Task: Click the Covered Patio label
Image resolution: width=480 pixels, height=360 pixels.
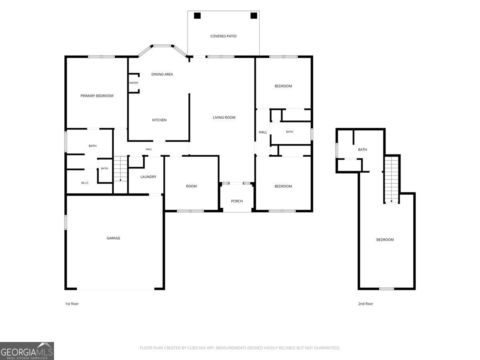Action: click(x=223, y=36)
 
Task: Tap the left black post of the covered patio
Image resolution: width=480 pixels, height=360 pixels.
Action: click(x=197, y=16)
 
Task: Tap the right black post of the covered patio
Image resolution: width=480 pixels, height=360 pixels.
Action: click(x=254, y=16)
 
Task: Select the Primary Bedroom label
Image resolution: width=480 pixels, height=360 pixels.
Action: click(x=97, y=96)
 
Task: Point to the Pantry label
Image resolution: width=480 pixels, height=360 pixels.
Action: click(x=133, y=83)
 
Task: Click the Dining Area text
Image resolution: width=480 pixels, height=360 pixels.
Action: click(x=162, y=74)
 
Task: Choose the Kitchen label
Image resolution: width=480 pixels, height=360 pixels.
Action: click(x=159, y=120)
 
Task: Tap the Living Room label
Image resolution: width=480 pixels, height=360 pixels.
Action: click(x=224, y=118)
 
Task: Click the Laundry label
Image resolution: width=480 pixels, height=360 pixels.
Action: click(x=148, y=177)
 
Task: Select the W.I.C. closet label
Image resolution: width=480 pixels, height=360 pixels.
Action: click(x=85, y=183)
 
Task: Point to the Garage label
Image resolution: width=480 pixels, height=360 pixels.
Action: click(x=113, y=238)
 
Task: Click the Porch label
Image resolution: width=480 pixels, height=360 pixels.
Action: click(x=237, y=201)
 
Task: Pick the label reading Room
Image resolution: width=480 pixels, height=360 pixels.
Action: click(x=191, y=186)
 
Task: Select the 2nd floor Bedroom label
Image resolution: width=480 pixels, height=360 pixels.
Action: click(x=385, y=240)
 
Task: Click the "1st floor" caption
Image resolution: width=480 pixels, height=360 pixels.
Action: click(x=72, y=304)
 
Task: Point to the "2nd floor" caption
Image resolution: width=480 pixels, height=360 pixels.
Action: click(x=366, y=304)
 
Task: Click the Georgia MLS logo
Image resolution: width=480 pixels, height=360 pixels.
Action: click(x=27, y=351)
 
